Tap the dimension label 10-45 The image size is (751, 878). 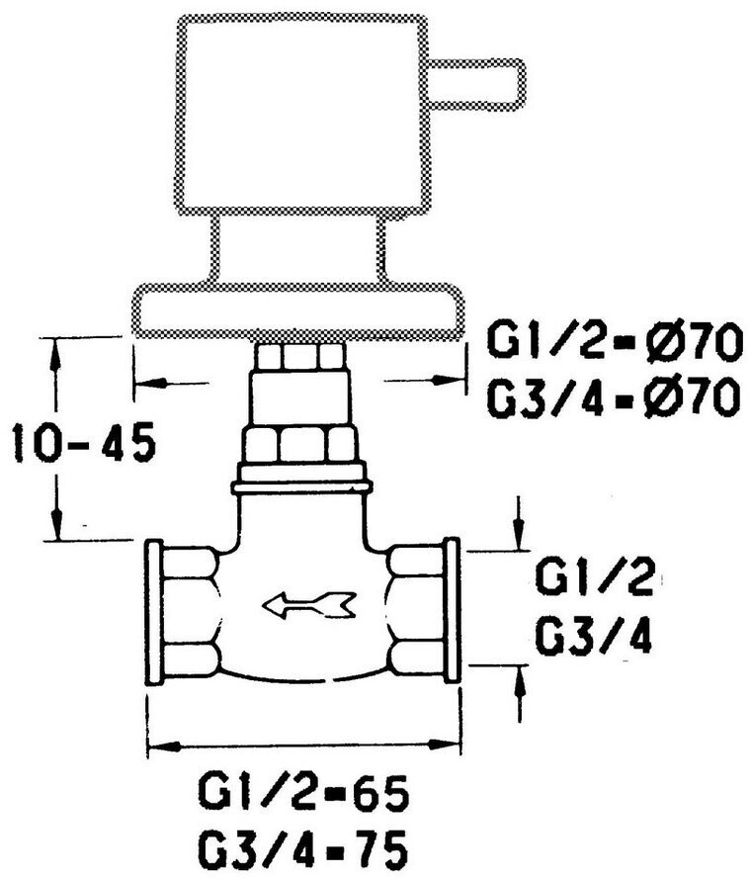tap(83, 443)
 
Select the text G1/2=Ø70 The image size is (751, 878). tap(613, 345)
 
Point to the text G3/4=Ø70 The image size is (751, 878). tap(613, 398)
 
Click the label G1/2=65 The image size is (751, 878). tap(303, 794)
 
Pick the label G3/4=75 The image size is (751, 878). tap(303, 847)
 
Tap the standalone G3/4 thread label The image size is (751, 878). tap(594, 639)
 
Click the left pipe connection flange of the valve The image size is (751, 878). tap(154, 611)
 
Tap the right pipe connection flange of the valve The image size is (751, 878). tap(452, 611)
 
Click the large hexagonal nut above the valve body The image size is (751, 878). tap(302, 444)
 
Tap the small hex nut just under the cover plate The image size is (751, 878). tap(301, 355)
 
